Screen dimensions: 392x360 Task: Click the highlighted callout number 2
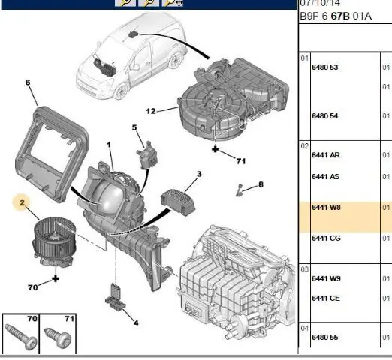(23, 202)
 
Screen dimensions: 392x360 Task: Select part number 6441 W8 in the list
(326, 208)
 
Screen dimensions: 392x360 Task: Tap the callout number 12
(151, 111)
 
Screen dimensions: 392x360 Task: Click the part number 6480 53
(324, 67)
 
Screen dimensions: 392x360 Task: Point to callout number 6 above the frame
(28, 82)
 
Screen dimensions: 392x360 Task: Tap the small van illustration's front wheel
(121, 91)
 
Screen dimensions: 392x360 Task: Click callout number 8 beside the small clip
(261, 184)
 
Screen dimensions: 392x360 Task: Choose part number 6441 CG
(326, 238)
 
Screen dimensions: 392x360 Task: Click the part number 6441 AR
(326, 155)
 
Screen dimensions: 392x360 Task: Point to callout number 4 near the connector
(136, 323)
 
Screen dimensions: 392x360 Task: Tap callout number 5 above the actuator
(134, 127)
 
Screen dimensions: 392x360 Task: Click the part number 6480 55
(324, 337)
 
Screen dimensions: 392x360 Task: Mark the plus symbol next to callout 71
(215, 149)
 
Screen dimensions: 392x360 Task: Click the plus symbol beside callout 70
(56, 278)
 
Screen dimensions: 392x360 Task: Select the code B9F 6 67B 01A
(336, 16)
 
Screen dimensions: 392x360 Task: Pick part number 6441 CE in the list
(326, 298)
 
